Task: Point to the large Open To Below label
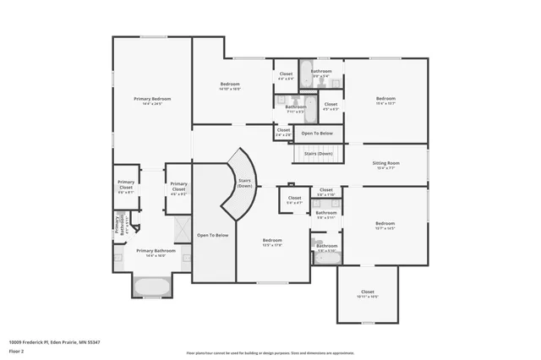pos(213,235)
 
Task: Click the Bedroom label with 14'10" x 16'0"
pos(231,85)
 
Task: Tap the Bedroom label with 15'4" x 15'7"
pos(385,100)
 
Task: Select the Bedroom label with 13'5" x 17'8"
pos(272,242)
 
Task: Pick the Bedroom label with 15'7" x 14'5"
pos(385,225)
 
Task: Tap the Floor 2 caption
pos(17,350)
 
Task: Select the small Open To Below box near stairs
pos(319,134)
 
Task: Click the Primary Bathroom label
pos(156,251)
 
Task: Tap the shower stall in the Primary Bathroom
pos(183,229)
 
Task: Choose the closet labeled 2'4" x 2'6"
pos(283,131)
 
